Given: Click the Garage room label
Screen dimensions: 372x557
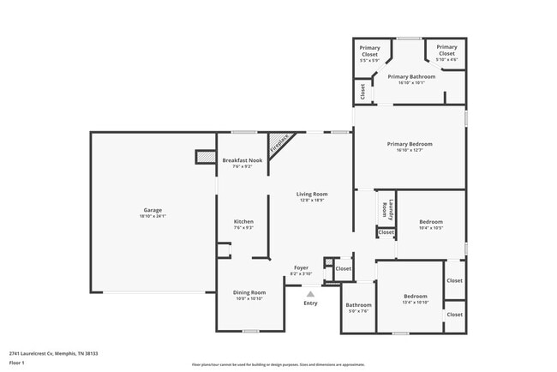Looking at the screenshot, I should tap(153, 210).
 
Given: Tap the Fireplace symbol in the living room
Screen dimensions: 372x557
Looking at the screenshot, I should tap(278, 143).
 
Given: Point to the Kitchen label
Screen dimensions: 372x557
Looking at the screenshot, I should tap(243, 221).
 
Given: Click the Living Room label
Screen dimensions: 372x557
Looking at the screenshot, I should tap(313, 194).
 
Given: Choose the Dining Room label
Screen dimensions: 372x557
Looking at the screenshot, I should tap(249, 292).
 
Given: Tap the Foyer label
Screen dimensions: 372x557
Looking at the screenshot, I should tap(301, 267).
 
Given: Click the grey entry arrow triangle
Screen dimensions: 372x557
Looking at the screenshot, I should tap(310, 293).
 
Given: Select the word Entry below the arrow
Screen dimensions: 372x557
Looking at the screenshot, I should tap(310, 303).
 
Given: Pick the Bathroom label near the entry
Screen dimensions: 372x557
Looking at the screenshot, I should tap(358, 305).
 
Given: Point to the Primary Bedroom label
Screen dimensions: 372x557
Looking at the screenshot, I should tap(409, 144).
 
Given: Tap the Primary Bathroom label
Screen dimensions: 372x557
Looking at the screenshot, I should tap(410, 76).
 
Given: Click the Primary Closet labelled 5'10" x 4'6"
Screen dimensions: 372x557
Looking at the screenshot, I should tap(446, 59).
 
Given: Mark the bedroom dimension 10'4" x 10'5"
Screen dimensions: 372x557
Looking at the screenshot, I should tap(430, 228).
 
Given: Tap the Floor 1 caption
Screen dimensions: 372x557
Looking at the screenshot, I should tap(17, 363).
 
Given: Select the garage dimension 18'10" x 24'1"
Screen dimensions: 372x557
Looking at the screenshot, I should tap(153, 216).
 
